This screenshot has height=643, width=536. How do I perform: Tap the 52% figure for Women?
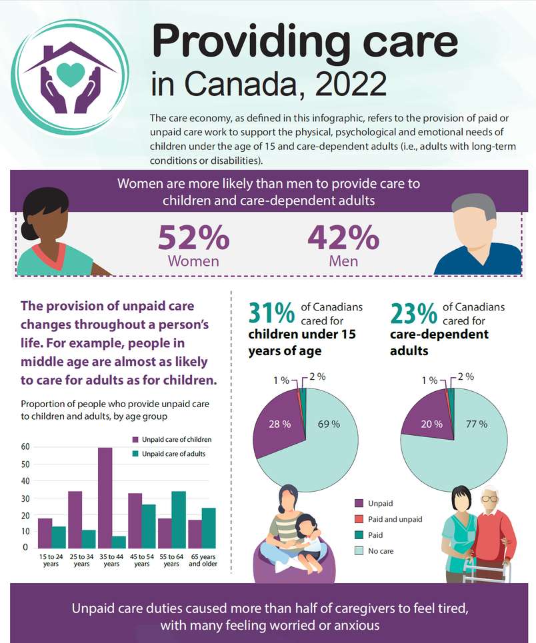tap(193, 238)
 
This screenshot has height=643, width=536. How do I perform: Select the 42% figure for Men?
tap(343, 238)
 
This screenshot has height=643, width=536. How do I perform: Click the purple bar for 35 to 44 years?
tap(105, 497)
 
